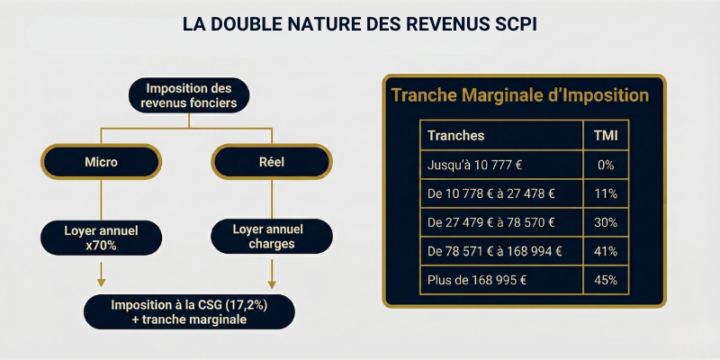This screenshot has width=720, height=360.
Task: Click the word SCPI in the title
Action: [x=512, y=24]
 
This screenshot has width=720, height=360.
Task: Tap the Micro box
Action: [x=101, y=162]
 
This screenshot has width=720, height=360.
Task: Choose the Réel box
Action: [x=272, y=162]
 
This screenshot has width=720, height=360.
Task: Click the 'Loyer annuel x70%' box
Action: [x=101, y=236]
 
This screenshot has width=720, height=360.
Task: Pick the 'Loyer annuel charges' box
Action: [x=272, y=236]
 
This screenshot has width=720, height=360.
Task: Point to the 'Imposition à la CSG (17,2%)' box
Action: [x=189, y=311]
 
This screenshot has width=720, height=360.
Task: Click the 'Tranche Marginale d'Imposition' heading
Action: [x=520, y=95]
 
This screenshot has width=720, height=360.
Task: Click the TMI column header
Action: [x=605, y=135]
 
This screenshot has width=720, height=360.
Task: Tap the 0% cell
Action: [x=605, y=165]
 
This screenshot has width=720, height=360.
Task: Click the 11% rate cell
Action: [x=605, y=193]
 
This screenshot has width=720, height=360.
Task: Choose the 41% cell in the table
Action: [x=605, y=251]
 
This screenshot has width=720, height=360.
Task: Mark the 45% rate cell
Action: [x=605, y=280]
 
